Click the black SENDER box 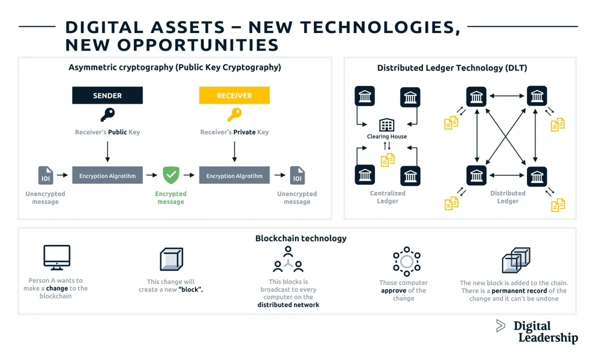tap(107, 95)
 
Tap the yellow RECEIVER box tap(234, 95)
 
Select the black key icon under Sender tap(107, 115)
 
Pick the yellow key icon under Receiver tap(234, 115)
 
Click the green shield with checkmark tap(171, 175)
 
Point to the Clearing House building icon tap(386, 125)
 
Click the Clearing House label tap(386, 136)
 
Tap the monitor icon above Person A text tap(56, 257)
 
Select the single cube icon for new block tap(171, 259)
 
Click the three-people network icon tap(288, 260)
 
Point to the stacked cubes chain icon tap(515, 260)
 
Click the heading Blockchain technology tap(300, 238)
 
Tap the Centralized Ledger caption tap(387, 197)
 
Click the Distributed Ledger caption tap(507, 197)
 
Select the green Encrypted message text tap(170, 197)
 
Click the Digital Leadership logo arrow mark tap(500, 326)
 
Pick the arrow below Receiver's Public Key tap(107, 150)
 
